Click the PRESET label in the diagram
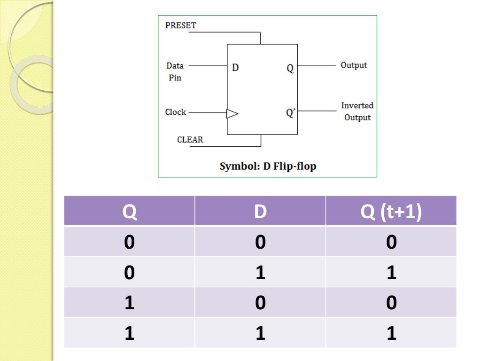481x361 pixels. [180, 25]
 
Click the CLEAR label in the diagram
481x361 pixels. [190, 140]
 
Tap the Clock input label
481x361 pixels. [176, 112]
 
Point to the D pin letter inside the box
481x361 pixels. [235, 68]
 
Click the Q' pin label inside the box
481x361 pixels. [290, 113]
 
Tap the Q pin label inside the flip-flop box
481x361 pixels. [290, 68]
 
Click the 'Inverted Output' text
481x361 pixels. [357, 111]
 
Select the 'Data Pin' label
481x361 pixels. [175, 71]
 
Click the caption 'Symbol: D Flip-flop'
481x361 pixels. [268, 166]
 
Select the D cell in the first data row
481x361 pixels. [260, 242]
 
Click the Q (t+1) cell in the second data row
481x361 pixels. [391, 273]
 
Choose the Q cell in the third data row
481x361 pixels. [130, 303]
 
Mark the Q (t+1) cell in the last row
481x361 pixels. [391, 333]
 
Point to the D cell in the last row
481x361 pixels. [260, 333]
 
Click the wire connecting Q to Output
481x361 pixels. [317, 66]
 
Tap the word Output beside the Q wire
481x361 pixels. [354, 65]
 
